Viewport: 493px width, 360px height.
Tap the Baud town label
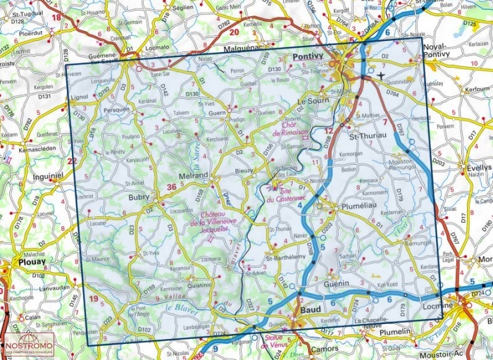(x=311, y=309)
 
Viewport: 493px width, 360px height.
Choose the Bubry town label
(x=139, y=198)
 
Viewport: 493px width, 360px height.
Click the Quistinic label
(x=200, y=285)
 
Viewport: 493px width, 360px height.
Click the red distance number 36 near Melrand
(x=172, y=187)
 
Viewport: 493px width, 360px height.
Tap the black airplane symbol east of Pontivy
(x=382, y=75)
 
